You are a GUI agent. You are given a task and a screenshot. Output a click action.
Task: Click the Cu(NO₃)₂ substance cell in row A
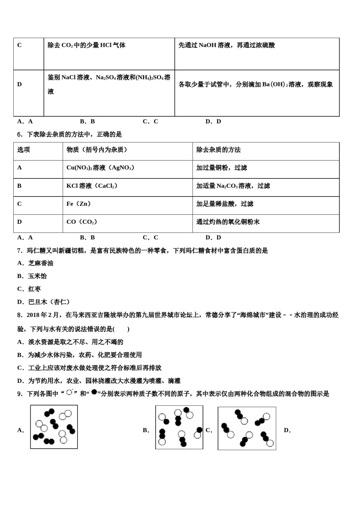(x=100, y=168)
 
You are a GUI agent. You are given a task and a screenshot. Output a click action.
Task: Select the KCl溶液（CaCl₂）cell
(x=92, y=186)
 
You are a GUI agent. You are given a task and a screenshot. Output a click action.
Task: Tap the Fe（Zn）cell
(x=79, y=204)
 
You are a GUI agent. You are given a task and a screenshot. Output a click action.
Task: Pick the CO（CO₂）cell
(x=82, y=222)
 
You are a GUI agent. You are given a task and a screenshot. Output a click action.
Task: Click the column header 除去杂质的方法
(x=218, y=150)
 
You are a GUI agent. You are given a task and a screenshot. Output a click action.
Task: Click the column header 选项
(x=23, y=150)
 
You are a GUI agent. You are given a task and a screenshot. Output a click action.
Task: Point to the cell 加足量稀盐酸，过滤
(x=225, y=204)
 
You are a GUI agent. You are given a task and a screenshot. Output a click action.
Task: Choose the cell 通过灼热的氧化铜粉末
(x=228, y=222)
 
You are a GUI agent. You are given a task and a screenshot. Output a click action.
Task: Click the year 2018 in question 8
(x=33, y=315)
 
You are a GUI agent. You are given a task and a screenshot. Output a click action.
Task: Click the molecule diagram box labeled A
(x=54, y=427)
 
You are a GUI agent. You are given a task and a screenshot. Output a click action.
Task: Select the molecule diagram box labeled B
(x=179, y=427)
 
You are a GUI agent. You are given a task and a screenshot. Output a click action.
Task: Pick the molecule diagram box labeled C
(x=247, y=428)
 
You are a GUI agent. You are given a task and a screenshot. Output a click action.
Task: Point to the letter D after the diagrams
(x=287, y=430)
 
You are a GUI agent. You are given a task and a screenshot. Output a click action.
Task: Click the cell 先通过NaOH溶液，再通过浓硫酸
(x=227, y=45)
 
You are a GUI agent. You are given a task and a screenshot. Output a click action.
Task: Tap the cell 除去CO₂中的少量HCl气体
(x=86, y=45)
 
